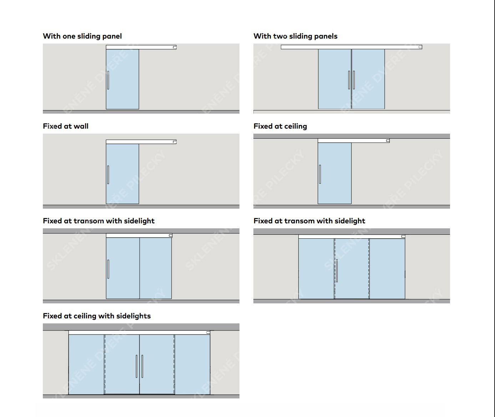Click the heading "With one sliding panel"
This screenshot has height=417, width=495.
(x=82, y=36)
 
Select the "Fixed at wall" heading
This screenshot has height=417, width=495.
(x=66, y=126)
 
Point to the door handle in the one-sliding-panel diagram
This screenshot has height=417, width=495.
(x=108, y=80)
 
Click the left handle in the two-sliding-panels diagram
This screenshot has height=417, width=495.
(x=349, y=80)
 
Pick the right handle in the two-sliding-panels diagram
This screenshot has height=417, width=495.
(x=354, y=80)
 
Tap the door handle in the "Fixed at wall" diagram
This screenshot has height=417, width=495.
(x=108, y=175)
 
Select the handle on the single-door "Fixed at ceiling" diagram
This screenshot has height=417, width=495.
(x=320, y=174)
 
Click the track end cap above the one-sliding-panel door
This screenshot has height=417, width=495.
(x=175, y=47)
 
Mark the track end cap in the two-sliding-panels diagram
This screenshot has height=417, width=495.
(x=420, y=47)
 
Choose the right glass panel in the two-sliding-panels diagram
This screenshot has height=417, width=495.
(x=368, y=79)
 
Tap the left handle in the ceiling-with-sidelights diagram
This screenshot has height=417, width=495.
(x=136, y=366)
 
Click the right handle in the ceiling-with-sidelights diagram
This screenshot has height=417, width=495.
(x=142, y=366)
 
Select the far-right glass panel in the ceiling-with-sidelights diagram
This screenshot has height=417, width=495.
(x=192, y=364)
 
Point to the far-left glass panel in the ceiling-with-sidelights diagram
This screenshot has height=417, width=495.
(x=86, y=364)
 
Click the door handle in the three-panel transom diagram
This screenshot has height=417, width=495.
(x=337, y=270)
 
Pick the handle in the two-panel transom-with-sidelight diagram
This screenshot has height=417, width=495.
(x=108, y=269)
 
